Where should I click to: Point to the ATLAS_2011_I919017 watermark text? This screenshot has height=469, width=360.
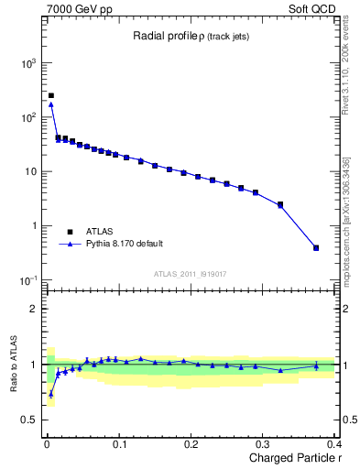click(x=190, y=273)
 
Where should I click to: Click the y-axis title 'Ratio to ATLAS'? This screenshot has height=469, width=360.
click(x=13, y=365)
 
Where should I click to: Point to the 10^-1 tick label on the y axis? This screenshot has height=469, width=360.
click(x=27, y=279)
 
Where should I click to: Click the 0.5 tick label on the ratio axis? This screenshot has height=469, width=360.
click(x=29, y=420)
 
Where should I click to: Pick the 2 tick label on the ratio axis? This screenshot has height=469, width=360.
click(x=34, y=309)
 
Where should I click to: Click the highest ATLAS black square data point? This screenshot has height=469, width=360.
click(x=50, y=95)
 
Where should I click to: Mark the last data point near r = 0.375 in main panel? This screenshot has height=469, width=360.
click(x=316, y=247)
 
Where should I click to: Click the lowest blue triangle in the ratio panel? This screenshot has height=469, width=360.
click(x=50, y=395)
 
